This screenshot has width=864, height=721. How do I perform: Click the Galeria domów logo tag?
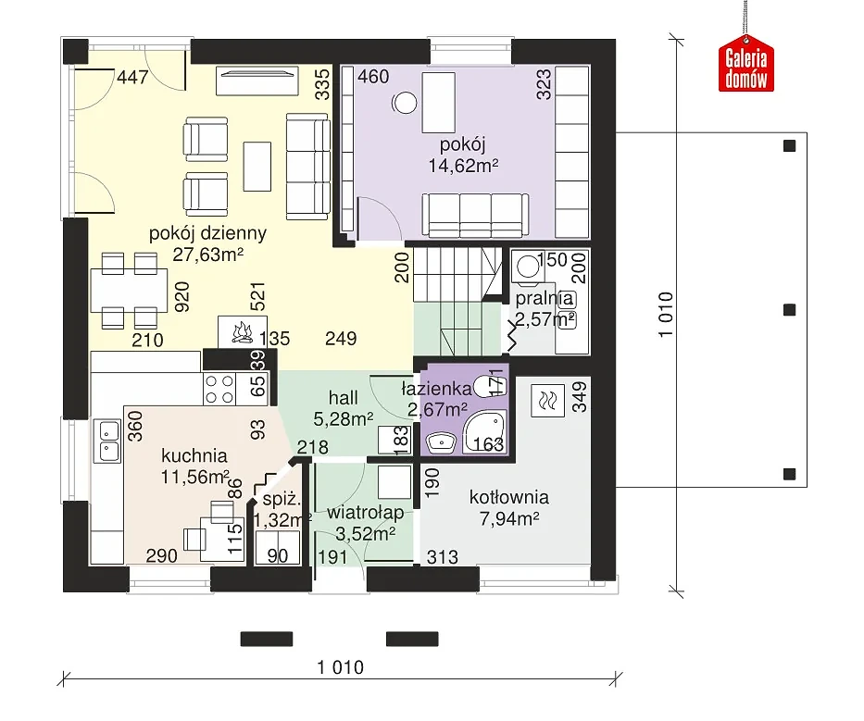(746, 63)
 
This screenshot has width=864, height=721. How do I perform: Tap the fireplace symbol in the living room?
(243, 331)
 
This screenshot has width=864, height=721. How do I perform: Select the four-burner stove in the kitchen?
(219, 389)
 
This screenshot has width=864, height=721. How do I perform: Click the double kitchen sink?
(108, 441)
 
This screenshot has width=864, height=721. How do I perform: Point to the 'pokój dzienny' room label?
(207, 233)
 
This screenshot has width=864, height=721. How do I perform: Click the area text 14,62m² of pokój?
(463, 166)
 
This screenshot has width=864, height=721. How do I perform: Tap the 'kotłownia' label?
(509, 497)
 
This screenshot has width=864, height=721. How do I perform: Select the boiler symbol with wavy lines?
(547, 400)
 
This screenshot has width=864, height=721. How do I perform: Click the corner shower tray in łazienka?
(483, 433)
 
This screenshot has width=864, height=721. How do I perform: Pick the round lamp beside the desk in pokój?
(405, 103)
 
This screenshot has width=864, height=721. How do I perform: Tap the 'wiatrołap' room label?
(366, 514)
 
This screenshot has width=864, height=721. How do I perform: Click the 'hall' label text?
(344, 398)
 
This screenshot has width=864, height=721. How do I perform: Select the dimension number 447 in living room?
(132, 77)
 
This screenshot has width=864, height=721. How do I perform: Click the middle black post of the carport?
(790, 310)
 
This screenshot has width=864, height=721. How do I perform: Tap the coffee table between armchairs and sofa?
(257, 167)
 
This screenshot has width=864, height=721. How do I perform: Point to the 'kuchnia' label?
(194, 456)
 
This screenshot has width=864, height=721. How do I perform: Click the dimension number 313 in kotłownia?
(442, 557)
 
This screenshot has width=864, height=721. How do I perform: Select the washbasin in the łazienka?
(442, 442)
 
